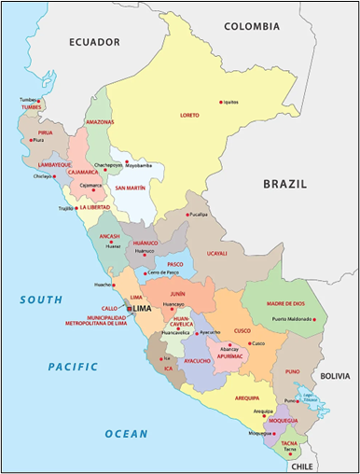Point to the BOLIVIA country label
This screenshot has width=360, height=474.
click(335, 376)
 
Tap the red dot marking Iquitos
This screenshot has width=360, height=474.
click(220, 102)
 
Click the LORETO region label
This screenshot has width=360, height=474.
click(189, 115)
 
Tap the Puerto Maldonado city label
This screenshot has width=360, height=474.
click(290, 320)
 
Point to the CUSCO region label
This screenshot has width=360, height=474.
click(242, 330)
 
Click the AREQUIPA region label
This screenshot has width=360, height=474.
click(247, 398)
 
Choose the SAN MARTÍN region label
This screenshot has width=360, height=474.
click(130, 188)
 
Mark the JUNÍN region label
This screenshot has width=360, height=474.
click(178, 293)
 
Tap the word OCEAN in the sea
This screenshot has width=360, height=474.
click(126, 434)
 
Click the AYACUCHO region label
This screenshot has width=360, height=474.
click(197, 360)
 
